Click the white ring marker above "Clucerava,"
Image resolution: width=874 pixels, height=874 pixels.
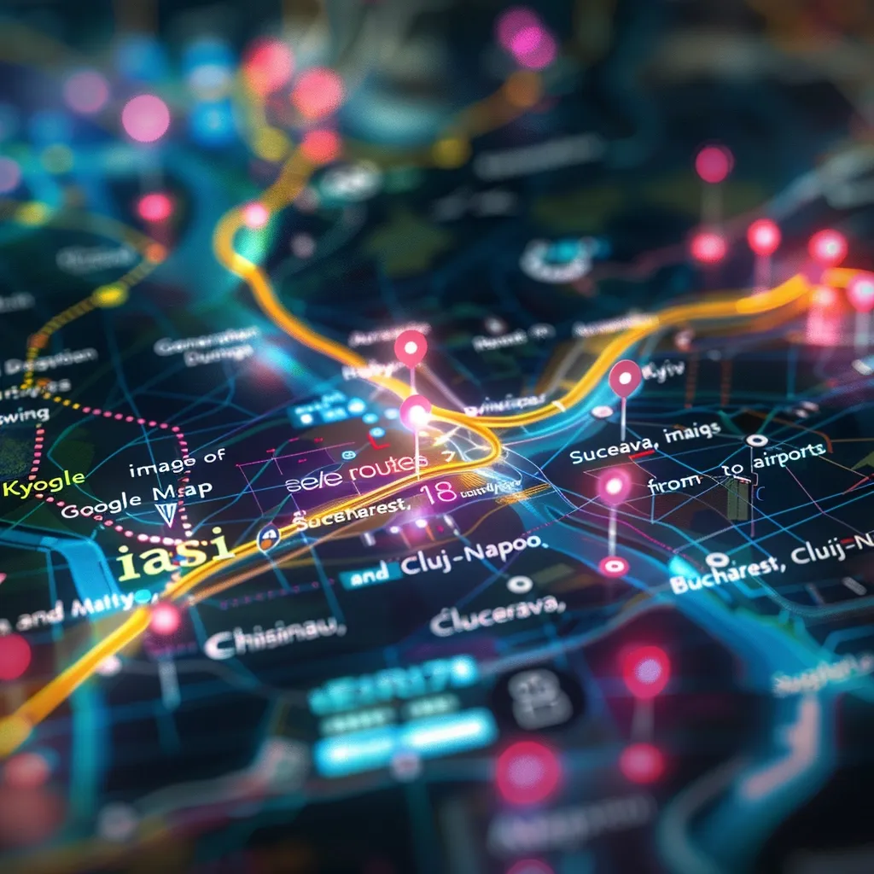pos(517,584)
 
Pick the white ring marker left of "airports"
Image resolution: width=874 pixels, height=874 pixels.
pos(756,440)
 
